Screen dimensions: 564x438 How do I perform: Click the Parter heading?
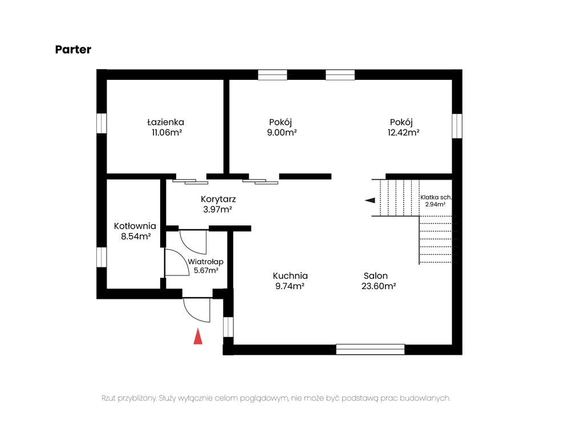point(73,49)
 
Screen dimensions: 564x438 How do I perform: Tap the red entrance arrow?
point(198,336)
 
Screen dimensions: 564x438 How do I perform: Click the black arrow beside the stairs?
point(370,200)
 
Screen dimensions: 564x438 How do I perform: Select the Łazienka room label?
point(165,122)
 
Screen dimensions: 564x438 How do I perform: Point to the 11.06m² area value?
point(167,132)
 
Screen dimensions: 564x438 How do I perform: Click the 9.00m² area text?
point(282,132)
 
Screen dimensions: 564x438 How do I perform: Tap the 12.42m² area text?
point(404,132)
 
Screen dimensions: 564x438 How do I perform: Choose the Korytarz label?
point(218,199)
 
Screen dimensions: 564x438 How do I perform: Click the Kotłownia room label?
point(135,226)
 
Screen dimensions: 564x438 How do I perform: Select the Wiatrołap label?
point(206,261)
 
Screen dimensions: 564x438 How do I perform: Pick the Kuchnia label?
point(290,276)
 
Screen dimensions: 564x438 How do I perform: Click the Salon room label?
point(375,276)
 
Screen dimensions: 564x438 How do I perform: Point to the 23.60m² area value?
point(379,286)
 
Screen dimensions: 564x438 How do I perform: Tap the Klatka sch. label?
point(436,197)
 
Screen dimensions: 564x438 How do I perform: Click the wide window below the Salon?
point(370,349)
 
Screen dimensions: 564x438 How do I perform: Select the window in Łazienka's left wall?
point(102,123)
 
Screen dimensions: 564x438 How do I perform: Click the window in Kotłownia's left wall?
point(102,257)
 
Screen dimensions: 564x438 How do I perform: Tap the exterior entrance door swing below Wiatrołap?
point(197,310)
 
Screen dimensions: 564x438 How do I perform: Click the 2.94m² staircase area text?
point(436,204)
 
